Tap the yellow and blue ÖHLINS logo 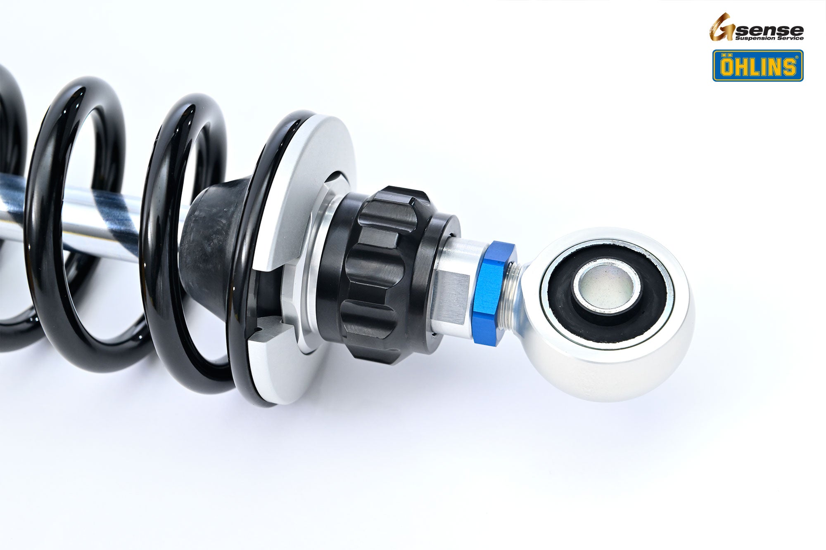coord(758,66)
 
